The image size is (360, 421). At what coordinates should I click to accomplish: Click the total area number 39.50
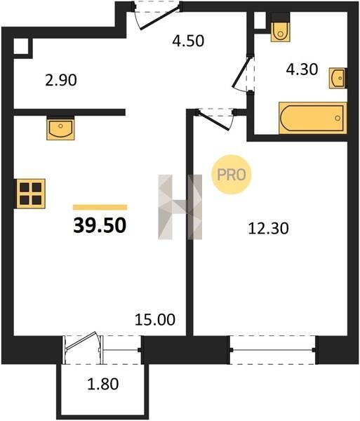100,225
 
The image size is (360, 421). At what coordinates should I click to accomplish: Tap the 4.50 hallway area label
188,41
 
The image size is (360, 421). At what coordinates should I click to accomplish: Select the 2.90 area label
61,80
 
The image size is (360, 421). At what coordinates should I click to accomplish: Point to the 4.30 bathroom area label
302,69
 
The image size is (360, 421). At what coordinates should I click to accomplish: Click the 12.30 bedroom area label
269,229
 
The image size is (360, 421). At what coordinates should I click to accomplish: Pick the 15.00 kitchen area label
155,319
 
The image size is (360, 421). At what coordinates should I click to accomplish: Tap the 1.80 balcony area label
103,384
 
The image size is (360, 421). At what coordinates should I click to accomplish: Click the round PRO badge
232,175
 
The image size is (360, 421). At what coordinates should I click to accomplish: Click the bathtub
313,118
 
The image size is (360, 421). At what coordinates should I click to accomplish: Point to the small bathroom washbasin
338,78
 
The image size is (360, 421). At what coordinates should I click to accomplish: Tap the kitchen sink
60,128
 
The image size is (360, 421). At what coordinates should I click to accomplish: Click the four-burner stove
29,194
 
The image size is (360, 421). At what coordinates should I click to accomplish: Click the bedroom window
273,349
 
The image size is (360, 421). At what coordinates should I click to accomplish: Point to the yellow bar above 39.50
100,207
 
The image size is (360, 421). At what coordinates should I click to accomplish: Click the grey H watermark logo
180,207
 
